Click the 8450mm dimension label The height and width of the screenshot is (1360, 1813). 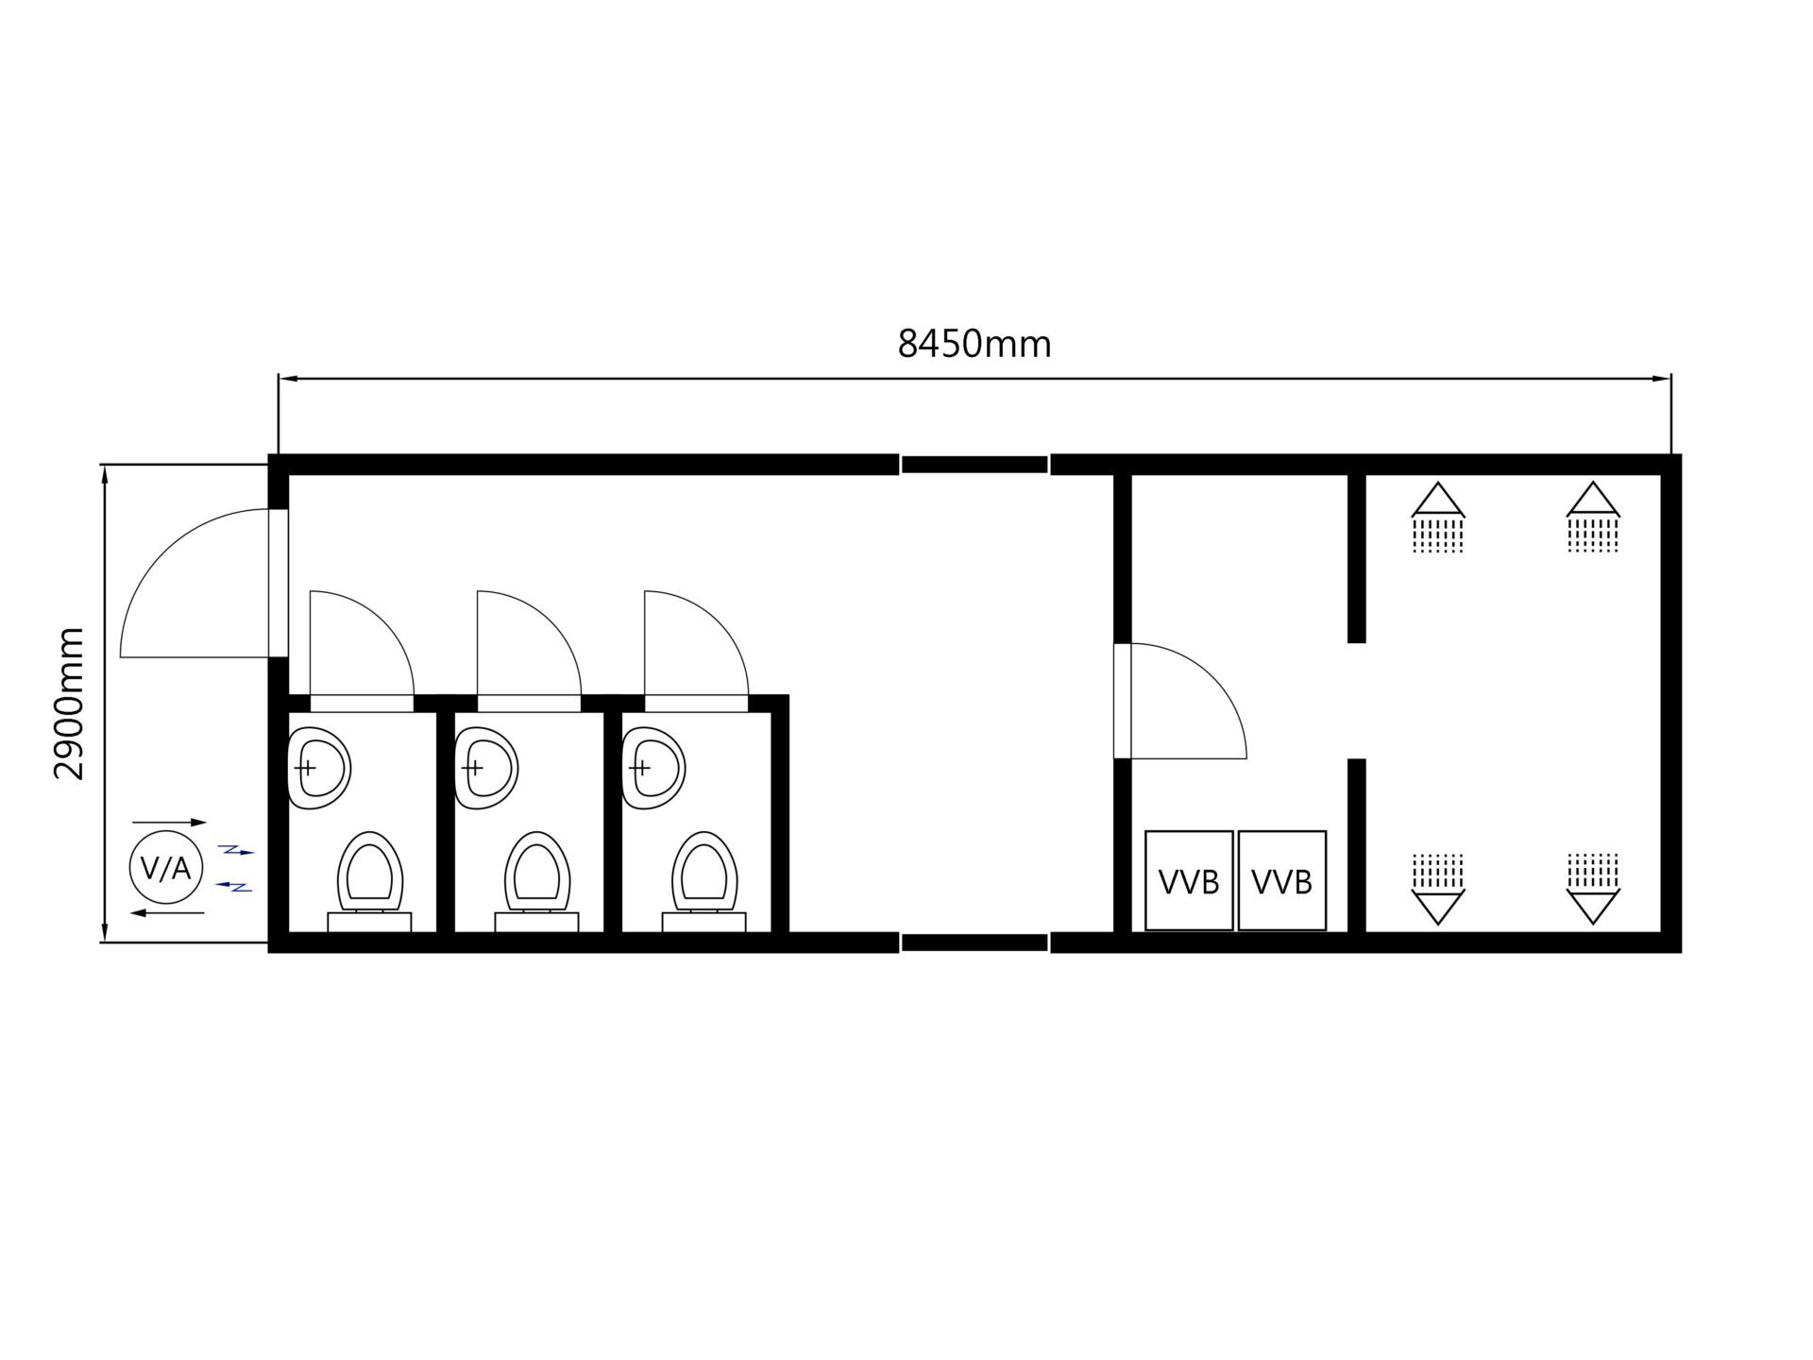pos(974,345)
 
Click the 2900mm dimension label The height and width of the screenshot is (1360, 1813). pos(69,704)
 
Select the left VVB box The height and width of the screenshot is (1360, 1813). pos(1189,880)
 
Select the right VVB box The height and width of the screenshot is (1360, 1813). pos(1281,880)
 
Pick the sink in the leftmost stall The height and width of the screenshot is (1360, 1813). pos(318,768)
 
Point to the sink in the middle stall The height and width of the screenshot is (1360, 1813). pos(485,768)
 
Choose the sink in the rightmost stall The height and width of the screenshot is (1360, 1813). pos(652,768)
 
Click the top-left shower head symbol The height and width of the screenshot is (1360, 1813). pos(1437,517)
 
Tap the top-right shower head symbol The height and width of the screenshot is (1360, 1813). pos(1593,517)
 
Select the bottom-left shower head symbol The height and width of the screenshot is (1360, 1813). pos(1437,889)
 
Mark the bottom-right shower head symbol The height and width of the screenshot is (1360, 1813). pos(1593,889)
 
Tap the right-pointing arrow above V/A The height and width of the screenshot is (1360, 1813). pos(169,823)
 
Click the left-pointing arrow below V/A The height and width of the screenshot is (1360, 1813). pos(167,913)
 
